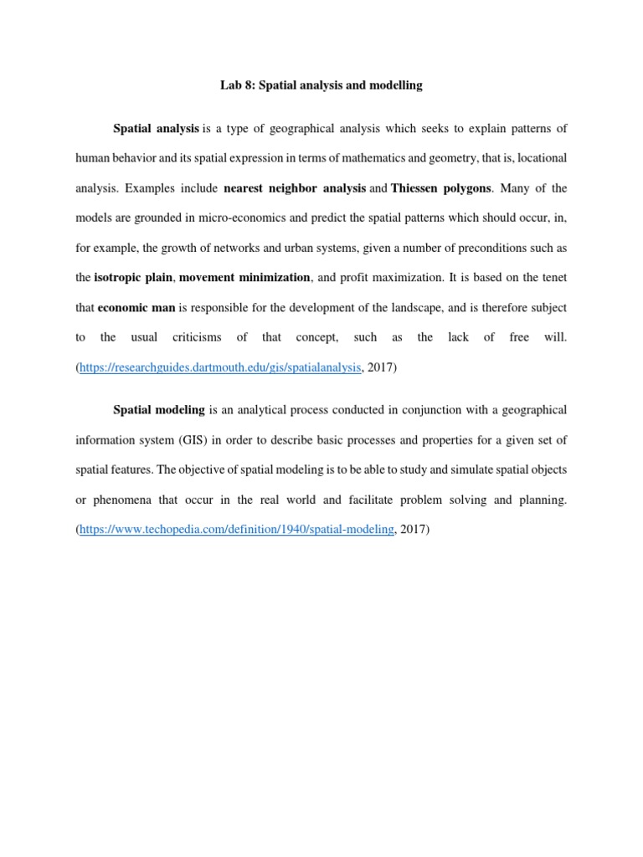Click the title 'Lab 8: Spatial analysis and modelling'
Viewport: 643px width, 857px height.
(321, 85)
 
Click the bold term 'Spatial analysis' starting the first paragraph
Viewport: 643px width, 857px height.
(156, 129)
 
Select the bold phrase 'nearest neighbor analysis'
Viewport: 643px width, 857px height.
(295, 187)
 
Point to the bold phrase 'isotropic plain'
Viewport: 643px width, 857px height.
(133, 278)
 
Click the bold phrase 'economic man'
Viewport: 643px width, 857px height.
(136, 307)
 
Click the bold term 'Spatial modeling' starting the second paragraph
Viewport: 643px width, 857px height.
(159, 409)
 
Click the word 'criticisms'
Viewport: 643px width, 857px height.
(197, 336)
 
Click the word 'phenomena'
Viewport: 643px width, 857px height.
(123, 500)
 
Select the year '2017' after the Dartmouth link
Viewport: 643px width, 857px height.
(383, 367)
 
